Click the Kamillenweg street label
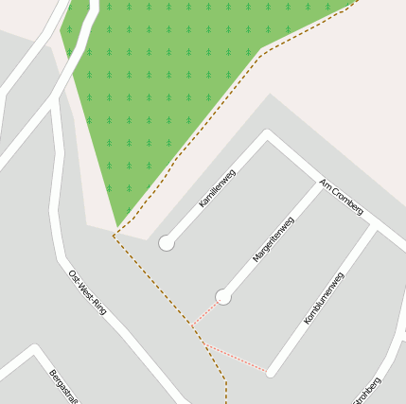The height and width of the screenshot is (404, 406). tap(217, 189)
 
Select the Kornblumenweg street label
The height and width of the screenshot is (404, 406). tap(323, 298)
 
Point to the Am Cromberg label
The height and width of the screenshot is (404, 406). tap(342, 196)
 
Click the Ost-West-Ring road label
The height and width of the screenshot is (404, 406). tap(88, 291)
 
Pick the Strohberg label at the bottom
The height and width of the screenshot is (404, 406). tap(366, 390)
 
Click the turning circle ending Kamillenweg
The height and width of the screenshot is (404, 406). tap(167, 243)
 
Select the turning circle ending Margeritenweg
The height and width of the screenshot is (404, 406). tap(223, 297)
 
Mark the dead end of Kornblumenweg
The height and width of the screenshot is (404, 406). tap(272, 372)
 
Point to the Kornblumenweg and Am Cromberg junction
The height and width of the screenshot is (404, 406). tap(373, 228)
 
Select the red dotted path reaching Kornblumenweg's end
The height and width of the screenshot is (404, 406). tap(241, 360)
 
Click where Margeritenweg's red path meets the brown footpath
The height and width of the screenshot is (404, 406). tap(193, 326)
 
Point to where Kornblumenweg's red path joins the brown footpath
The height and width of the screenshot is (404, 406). tap(207, 346)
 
